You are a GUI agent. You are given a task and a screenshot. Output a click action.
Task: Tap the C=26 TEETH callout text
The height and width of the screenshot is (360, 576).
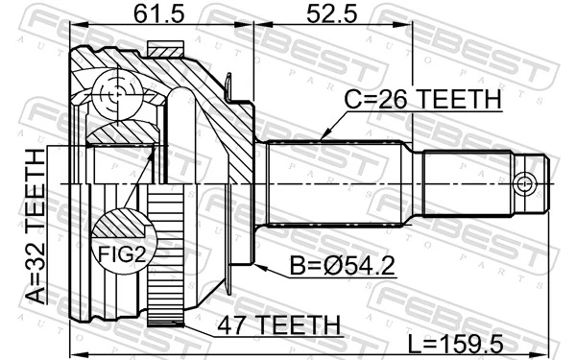point(423,99)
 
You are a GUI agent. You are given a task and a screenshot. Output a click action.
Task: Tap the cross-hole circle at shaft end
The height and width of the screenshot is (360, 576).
point(524,183)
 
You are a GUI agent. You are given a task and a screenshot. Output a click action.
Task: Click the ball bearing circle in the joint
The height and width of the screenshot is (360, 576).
point(118,92)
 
